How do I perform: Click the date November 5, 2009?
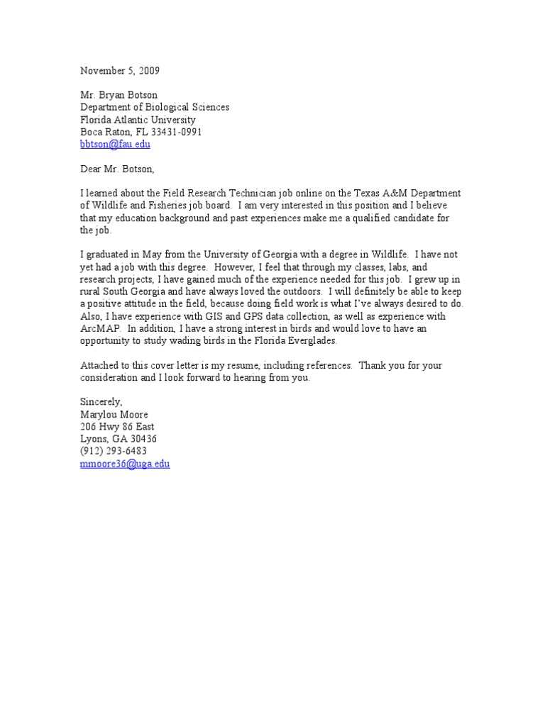(x=120, y=70)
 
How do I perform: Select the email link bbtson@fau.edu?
(x=115, y=144)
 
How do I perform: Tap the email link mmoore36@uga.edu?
(x=125, y=464)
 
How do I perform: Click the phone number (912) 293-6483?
(x=114, y=452)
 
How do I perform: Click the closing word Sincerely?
(x=101, y=402)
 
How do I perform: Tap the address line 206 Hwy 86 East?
(x=116, y=427)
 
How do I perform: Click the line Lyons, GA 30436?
(x=119, y=439)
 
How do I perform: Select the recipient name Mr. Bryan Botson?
(x=120, y=95)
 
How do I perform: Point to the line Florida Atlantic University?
(x=138, y=120)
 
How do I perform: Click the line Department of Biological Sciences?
(x=155, y=107)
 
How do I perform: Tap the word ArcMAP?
(x=99, y=329)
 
